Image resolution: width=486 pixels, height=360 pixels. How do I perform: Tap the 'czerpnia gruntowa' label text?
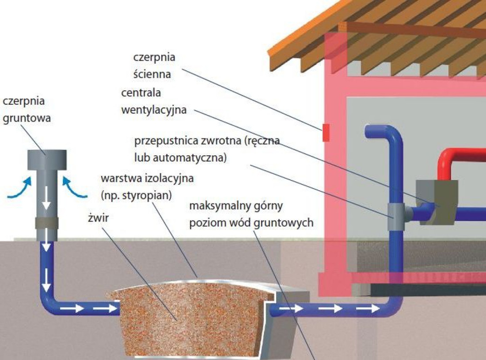(27, 110)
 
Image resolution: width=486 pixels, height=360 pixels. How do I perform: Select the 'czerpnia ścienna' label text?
(154, 65)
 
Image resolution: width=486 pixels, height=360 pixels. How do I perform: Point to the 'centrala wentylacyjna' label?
(154, 102)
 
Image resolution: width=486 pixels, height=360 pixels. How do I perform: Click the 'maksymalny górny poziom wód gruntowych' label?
(251, 214)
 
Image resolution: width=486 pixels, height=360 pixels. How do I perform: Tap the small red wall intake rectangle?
(326, 133)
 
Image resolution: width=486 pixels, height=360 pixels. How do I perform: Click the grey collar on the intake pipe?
(46, 222)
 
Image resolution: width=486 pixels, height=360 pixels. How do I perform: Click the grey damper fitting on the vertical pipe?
(396, 217)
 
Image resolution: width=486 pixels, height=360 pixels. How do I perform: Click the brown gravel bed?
(186, 318)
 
